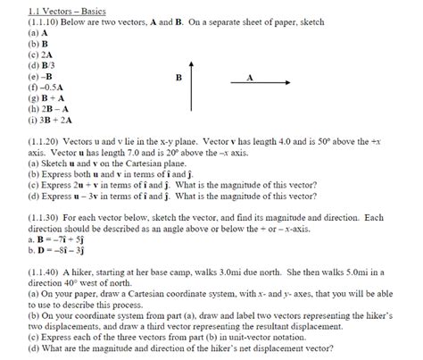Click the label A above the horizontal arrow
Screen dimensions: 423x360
click(250, 77)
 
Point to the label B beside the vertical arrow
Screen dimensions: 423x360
click(178, 79)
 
